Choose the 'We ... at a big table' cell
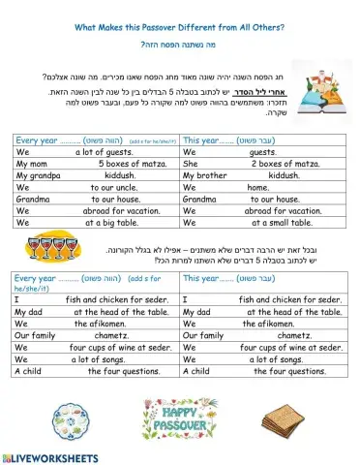[x=95, y=221]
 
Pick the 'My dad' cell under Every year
[x=95, y=312]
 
